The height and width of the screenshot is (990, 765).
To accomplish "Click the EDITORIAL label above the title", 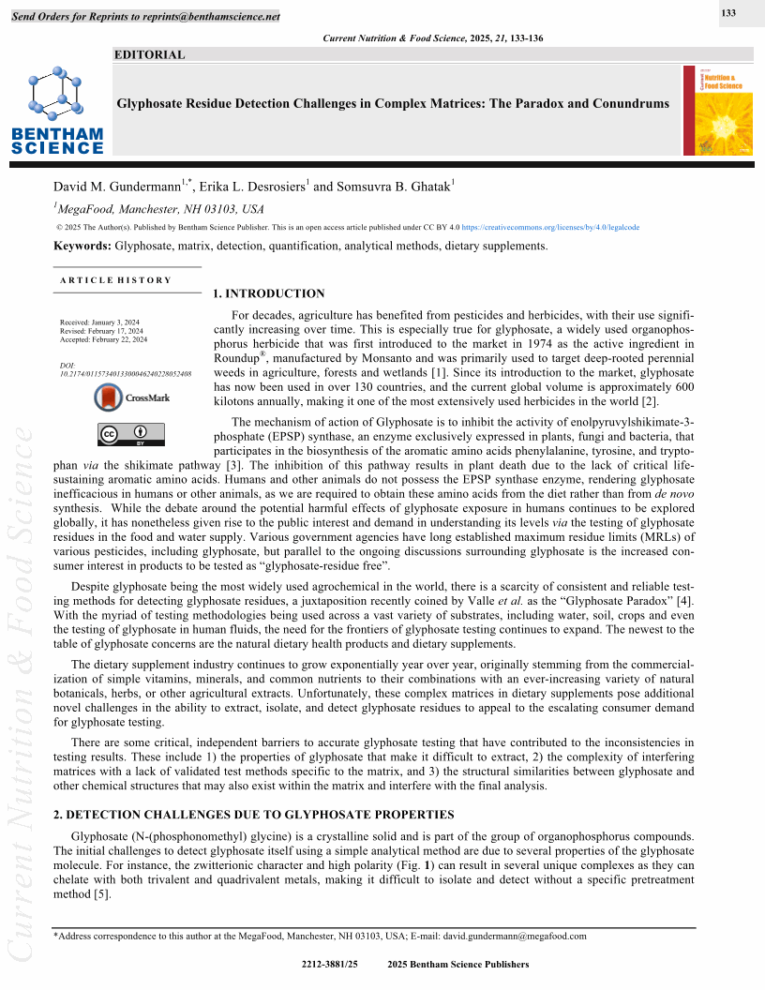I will point(149,54).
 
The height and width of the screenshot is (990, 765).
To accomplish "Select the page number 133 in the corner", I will point(727,13).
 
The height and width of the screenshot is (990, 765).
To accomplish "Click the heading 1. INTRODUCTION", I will point(269,293).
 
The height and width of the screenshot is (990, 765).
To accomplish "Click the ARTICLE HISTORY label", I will point(115,280).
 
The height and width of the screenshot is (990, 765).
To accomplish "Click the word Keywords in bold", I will point(82,246).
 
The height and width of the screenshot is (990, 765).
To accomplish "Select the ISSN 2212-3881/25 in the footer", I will point(330,965).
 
